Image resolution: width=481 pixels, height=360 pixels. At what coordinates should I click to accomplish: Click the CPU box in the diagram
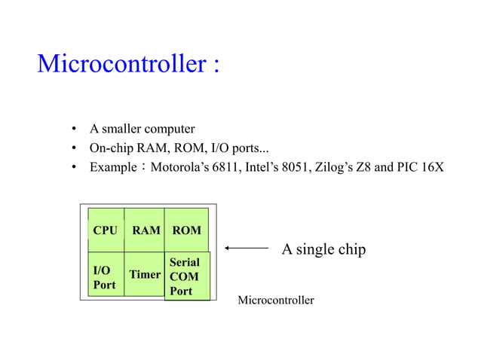point(106,230)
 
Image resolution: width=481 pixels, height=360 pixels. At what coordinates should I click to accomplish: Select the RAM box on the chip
point(146,230)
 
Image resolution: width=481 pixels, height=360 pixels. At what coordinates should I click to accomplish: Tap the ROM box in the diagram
point(186,230)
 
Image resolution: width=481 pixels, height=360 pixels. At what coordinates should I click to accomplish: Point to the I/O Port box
point(105,276)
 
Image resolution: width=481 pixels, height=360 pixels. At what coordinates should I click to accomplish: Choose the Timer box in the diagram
point(144,274)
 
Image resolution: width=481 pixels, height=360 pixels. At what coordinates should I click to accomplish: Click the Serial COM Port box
point(186,276)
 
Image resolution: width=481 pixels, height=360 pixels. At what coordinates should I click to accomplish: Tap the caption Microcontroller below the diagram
point(276,301)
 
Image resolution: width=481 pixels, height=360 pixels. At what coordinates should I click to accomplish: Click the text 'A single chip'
point(323,249)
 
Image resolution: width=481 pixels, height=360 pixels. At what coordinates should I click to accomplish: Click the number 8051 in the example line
point(296,166)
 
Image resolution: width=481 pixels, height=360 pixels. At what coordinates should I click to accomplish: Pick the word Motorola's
point(180,166)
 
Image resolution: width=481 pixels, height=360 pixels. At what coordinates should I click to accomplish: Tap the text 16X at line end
point(433,166)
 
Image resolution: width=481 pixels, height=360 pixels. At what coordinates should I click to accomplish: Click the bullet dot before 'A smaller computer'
point(75,128)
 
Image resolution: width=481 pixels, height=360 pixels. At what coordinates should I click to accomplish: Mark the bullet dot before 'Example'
point(75,166)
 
